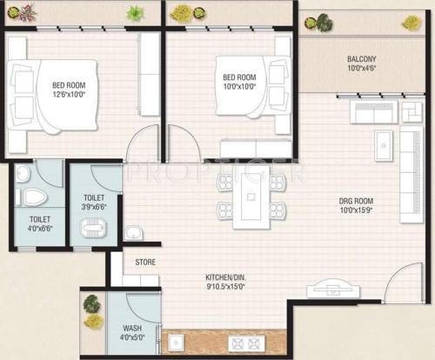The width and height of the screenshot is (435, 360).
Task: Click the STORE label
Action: (x=145, y=260)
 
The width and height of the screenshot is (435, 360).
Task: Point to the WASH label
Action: (x=133, y=329)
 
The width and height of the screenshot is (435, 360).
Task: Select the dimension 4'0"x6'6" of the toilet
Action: (x=40, y=230)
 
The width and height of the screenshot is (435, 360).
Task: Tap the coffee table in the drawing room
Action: (x=383, y=147)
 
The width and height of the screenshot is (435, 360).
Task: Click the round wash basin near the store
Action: (x=135, y=232)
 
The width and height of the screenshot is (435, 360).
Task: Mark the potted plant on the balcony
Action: (x=324, y=23)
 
